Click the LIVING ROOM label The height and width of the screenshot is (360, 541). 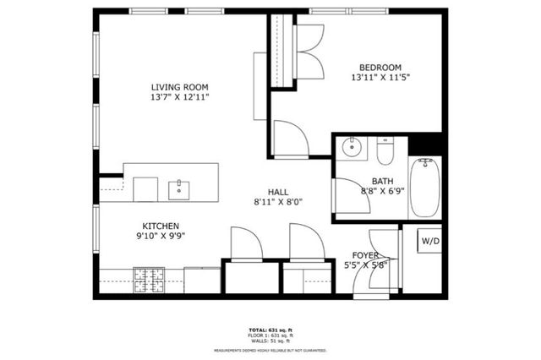click(x=179, y=87)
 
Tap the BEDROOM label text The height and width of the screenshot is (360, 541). click(x=380, y=68)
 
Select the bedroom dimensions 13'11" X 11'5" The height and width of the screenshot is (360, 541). click(x=380, y=79)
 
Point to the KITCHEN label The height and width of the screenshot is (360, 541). click(x=160, y=226)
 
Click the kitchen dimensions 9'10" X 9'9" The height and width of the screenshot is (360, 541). click(x=160, y=237)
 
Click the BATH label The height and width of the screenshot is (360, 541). click(x=382, y=181)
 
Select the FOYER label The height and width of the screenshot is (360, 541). click(x=366, y=255)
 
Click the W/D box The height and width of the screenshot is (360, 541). click(x=430, y=241)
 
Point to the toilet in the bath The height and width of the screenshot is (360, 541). click(x=385, y=152)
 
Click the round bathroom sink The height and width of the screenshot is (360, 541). click(x=352, y=149)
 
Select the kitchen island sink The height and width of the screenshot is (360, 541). click(x=179, y=188)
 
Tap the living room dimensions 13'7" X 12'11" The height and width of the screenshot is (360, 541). click(x=179, y=98)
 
